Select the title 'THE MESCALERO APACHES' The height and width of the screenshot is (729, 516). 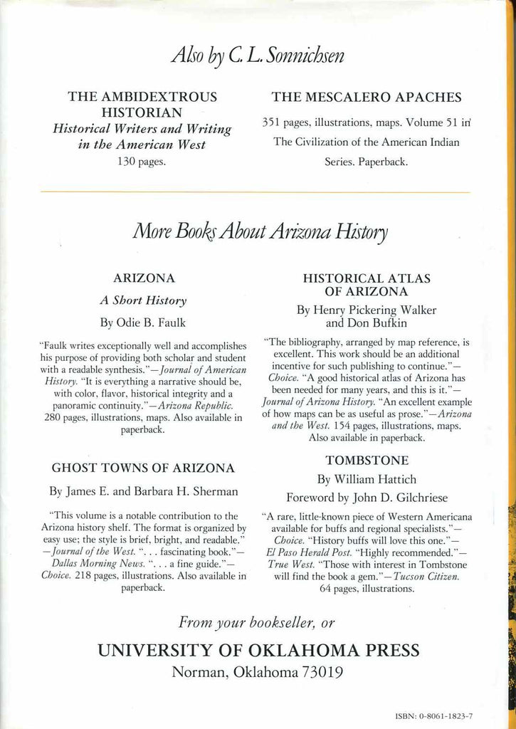(x=367, y=98)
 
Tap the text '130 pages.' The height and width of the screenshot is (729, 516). (x=141, y=162)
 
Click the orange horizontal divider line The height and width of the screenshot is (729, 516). (x=256, y=192)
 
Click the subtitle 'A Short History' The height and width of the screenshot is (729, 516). (x=144, y=300)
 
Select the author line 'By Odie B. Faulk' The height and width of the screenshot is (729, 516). (x=144, y=322)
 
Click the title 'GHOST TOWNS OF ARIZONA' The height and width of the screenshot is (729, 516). (x=144, y=468)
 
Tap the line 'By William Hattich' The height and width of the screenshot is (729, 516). (x=366, y=478)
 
